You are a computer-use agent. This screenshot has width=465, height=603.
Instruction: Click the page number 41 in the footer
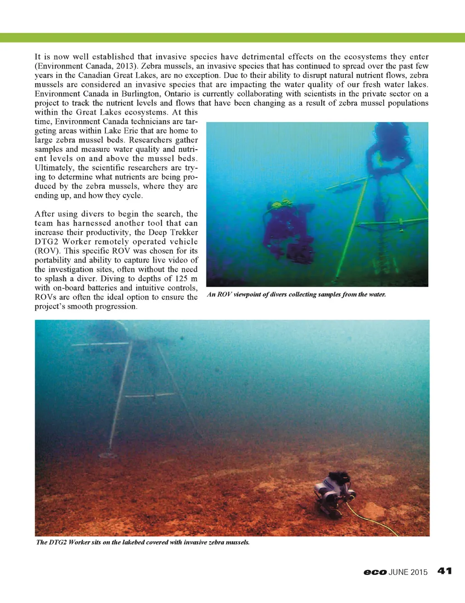click(x=445, y=571)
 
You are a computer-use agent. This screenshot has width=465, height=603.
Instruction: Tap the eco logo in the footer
click(x=375, y=572)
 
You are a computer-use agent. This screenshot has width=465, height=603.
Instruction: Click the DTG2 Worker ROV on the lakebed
click(x=335, y=493)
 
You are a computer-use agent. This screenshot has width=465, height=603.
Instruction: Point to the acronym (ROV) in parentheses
click(x=47, y=251)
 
